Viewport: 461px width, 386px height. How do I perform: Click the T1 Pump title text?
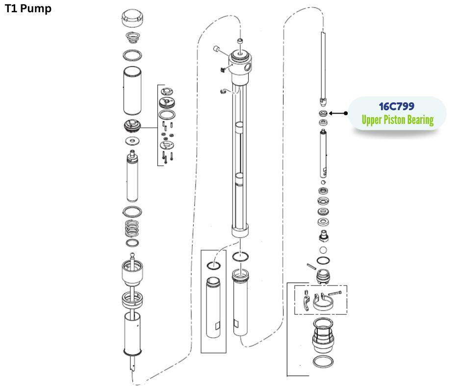click(28, 9)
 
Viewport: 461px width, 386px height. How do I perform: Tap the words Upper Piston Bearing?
click(397, 120)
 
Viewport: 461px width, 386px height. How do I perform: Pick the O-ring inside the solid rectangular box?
click(214, 265)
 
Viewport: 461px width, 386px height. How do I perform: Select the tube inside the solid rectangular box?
click(214, 308)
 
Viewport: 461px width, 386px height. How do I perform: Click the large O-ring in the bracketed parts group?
click(168, 115)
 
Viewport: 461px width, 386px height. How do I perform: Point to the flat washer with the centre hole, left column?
click(131, 141)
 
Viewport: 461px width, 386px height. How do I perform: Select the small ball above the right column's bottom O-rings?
click(323, 250)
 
